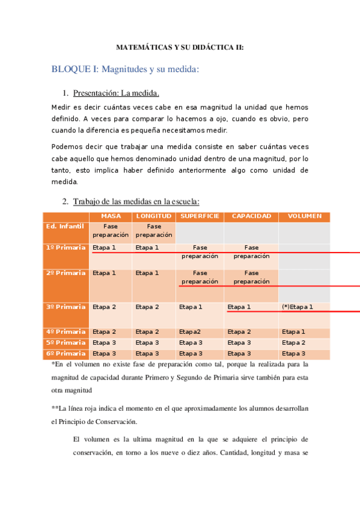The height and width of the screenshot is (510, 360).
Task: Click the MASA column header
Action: click(x=111, y=216)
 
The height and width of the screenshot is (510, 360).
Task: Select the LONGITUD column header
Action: click(x=154, y=216)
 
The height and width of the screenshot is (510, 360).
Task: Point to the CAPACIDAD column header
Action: click(x=251, y=216)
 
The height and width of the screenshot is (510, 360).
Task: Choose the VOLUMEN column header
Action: click(x=304, y=216)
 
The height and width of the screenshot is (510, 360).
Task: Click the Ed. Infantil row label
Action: click(x=66, y=226)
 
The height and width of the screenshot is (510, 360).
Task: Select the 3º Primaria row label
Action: click(x=66, y=307)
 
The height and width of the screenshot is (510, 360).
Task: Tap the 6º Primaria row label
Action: click(x=66, y=354)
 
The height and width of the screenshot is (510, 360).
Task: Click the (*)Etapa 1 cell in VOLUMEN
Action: click(x=297, y=307)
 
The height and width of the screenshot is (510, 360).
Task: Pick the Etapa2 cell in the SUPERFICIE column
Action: click(x=190, y=331)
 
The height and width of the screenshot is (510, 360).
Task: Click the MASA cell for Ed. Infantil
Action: click(x=111, y=230)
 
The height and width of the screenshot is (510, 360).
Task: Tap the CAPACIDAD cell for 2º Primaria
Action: click(x=251, y=277)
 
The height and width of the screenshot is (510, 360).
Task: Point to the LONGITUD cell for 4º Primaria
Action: click(x=147, y=331)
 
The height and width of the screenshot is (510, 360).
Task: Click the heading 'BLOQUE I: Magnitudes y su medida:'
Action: click(x=125, y=70)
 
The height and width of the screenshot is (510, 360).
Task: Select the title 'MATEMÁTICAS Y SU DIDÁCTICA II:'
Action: click(x=180, y=46)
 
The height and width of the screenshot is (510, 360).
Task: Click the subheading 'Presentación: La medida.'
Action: click(x=116, y=93)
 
